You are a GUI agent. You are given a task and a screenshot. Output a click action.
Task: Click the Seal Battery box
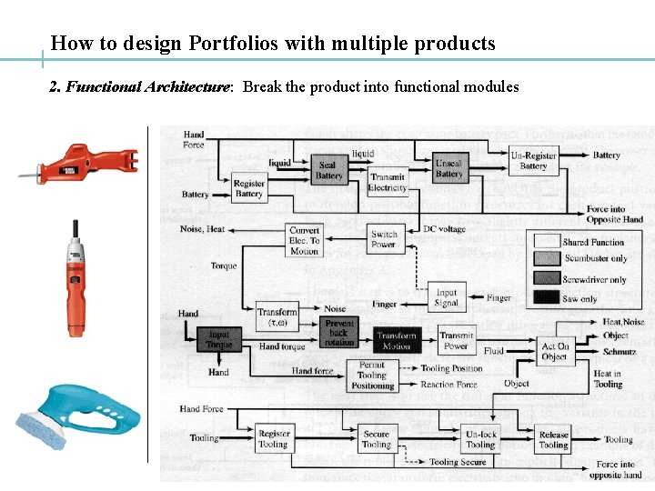point(327,170)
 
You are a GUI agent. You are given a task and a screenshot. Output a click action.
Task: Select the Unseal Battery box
point(448,168)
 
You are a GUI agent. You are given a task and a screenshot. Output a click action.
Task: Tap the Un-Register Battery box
point(533,161)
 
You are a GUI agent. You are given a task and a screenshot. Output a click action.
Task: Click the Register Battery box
point(248,187)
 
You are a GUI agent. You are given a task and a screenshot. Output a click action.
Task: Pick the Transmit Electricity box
point(388,182)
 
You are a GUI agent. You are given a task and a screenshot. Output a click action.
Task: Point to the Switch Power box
point(384,238)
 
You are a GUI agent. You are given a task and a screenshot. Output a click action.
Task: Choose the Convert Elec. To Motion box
point(304,240)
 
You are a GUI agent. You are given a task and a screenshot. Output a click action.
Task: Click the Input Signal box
point(447,297)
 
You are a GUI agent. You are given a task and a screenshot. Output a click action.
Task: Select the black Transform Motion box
point(396,340)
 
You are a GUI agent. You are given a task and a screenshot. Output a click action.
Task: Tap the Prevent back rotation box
point(339,332)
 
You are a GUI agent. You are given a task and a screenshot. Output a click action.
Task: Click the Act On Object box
point(555,351)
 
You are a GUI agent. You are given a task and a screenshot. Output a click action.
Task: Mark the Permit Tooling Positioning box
point(372,375)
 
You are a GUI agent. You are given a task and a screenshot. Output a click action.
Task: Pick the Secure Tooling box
point(376,439)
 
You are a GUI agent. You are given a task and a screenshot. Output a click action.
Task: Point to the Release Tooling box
point(553,440)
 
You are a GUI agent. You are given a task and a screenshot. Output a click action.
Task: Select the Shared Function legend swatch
point(546,241)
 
